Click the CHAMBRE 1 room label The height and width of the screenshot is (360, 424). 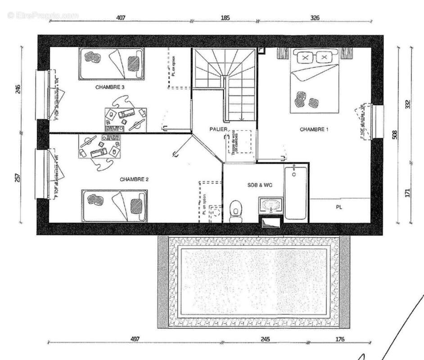314,130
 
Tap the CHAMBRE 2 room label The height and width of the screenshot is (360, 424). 134,179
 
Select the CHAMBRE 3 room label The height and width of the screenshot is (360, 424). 110,87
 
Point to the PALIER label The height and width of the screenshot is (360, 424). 218,130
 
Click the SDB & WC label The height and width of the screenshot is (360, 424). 260,185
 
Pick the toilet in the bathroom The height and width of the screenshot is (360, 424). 235,211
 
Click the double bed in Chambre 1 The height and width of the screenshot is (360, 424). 314,81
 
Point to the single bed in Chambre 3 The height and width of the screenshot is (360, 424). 112,63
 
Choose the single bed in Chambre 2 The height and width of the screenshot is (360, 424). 115,205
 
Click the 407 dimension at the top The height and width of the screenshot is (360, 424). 121,18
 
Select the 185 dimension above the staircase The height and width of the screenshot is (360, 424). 225,18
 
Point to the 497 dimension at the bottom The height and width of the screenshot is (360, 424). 134,339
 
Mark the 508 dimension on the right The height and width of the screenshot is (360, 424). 395,135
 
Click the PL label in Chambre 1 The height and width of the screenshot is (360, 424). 339,207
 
